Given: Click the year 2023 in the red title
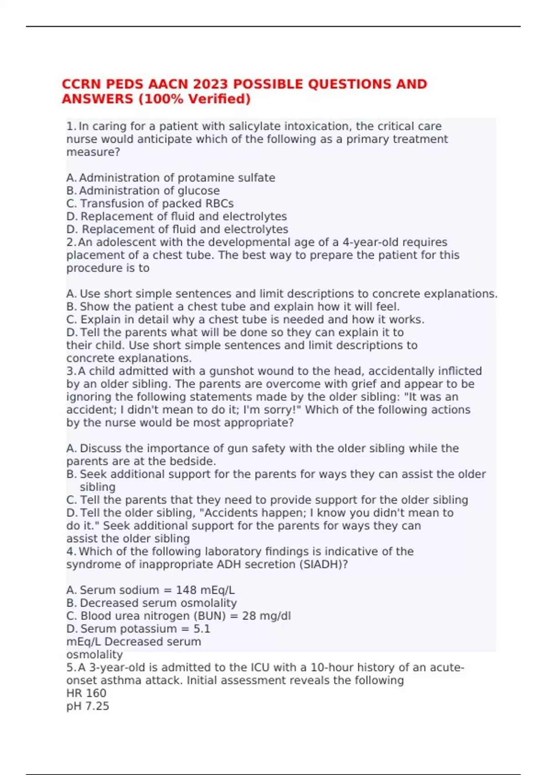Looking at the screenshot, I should (x=211, y=84).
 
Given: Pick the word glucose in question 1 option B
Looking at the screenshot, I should (x=198, y=191).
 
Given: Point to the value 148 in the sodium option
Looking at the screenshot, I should (x=186, y=590).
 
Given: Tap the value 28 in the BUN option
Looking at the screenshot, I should (x=249, y=616).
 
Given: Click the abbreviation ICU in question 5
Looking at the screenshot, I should (x=262, y=667).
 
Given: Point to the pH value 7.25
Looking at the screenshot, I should (x=97, y=706).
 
